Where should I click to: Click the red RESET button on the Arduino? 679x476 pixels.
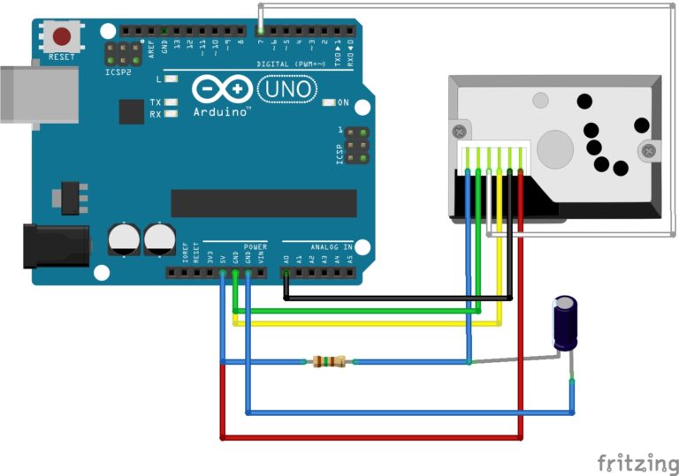pyautogui.click(x=62, y=37)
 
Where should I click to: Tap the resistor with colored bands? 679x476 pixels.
pyautogui.click(x=329, y=361)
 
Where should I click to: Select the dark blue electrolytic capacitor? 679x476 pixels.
pyautogui.click(x=566, y=324)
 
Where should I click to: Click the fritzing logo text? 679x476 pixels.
pyautogui.click(x=637, y=462)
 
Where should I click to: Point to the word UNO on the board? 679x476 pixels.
pyautogui.click(x=286, y=88)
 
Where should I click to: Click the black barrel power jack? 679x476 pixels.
pyautogui.click(x=56, y=245)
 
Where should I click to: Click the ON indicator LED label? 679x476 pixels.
pyautogui.click(x=343, y=102)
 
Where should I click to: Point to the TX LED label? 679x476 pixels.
pyautogui.click(x=156, y=102)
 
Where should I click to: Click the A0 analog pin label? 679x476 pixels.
pyautogui.click(x=286, y=260)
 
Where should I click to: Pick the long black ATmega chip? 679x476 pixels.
pyautogui.click(x=263, y=202)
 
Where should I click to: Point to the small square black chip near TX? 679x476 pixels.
pyautogui.click(x=131, y=111)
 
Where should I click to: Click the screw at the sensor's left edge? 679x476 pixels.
pyautogui.click(x=459, y=132)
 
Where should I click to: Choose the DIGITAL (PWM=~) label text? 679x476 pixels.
pyautogui.click(x=291, y=64)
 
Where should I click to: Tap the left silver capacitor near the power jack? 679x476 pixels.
pyautogui.click(x=122, y=239)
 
